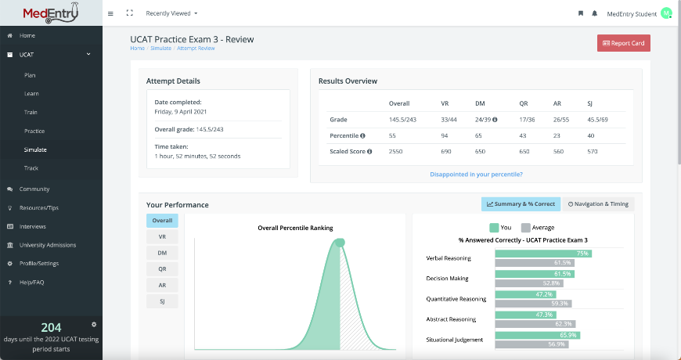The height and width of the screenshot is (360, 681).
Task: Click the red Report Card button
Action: pos(623,43)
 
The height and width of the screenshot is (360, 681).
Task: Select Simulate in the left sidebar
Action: pos(35,149)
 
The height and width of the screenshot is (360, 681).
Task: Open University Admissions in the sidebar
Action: pos(47,245)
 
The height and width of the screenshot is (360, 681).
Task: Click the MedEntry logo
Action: pos(51,13)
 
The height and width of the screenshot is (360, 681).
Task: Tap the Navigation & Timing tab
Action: pos(598,204)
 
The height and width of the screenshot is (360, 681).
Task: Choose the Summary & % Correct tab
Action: pos(521,204)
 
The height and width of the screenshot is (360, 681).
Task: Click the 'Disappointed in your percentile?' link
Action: pos(476,174)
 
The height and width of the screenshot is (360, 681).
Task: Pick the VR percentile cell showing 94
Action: pos(444,136)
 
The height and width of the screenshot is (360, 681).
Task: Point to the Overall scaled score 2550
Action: pos(397,153)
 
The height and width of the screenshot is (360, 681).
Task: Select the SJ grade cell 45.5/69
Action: pos(597,120)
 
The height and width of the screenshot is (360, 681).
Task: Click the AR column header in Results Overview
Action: pos(557,103)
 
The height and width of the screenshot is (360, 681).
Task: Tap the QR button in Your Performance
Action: pos(162,268)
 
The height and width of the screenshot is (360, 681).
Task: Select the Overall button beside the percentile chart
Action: pos(162,221)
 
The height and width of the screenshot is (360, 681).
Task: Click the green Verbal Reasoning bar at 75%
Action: pos(542,254)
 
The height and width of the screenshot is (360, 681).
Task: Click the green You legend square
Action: pos(494,228)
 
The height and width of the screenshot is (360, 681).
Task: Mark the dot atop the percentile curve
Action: pos(340,243)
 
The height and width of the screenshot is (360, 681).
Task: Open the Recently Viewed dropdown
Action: pos(171,13)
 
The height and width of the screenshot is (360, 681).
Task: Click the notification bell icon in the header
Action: pos(595,13)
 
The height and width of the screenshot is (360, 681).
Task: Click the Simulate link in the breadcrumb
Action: pos(160,49)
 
